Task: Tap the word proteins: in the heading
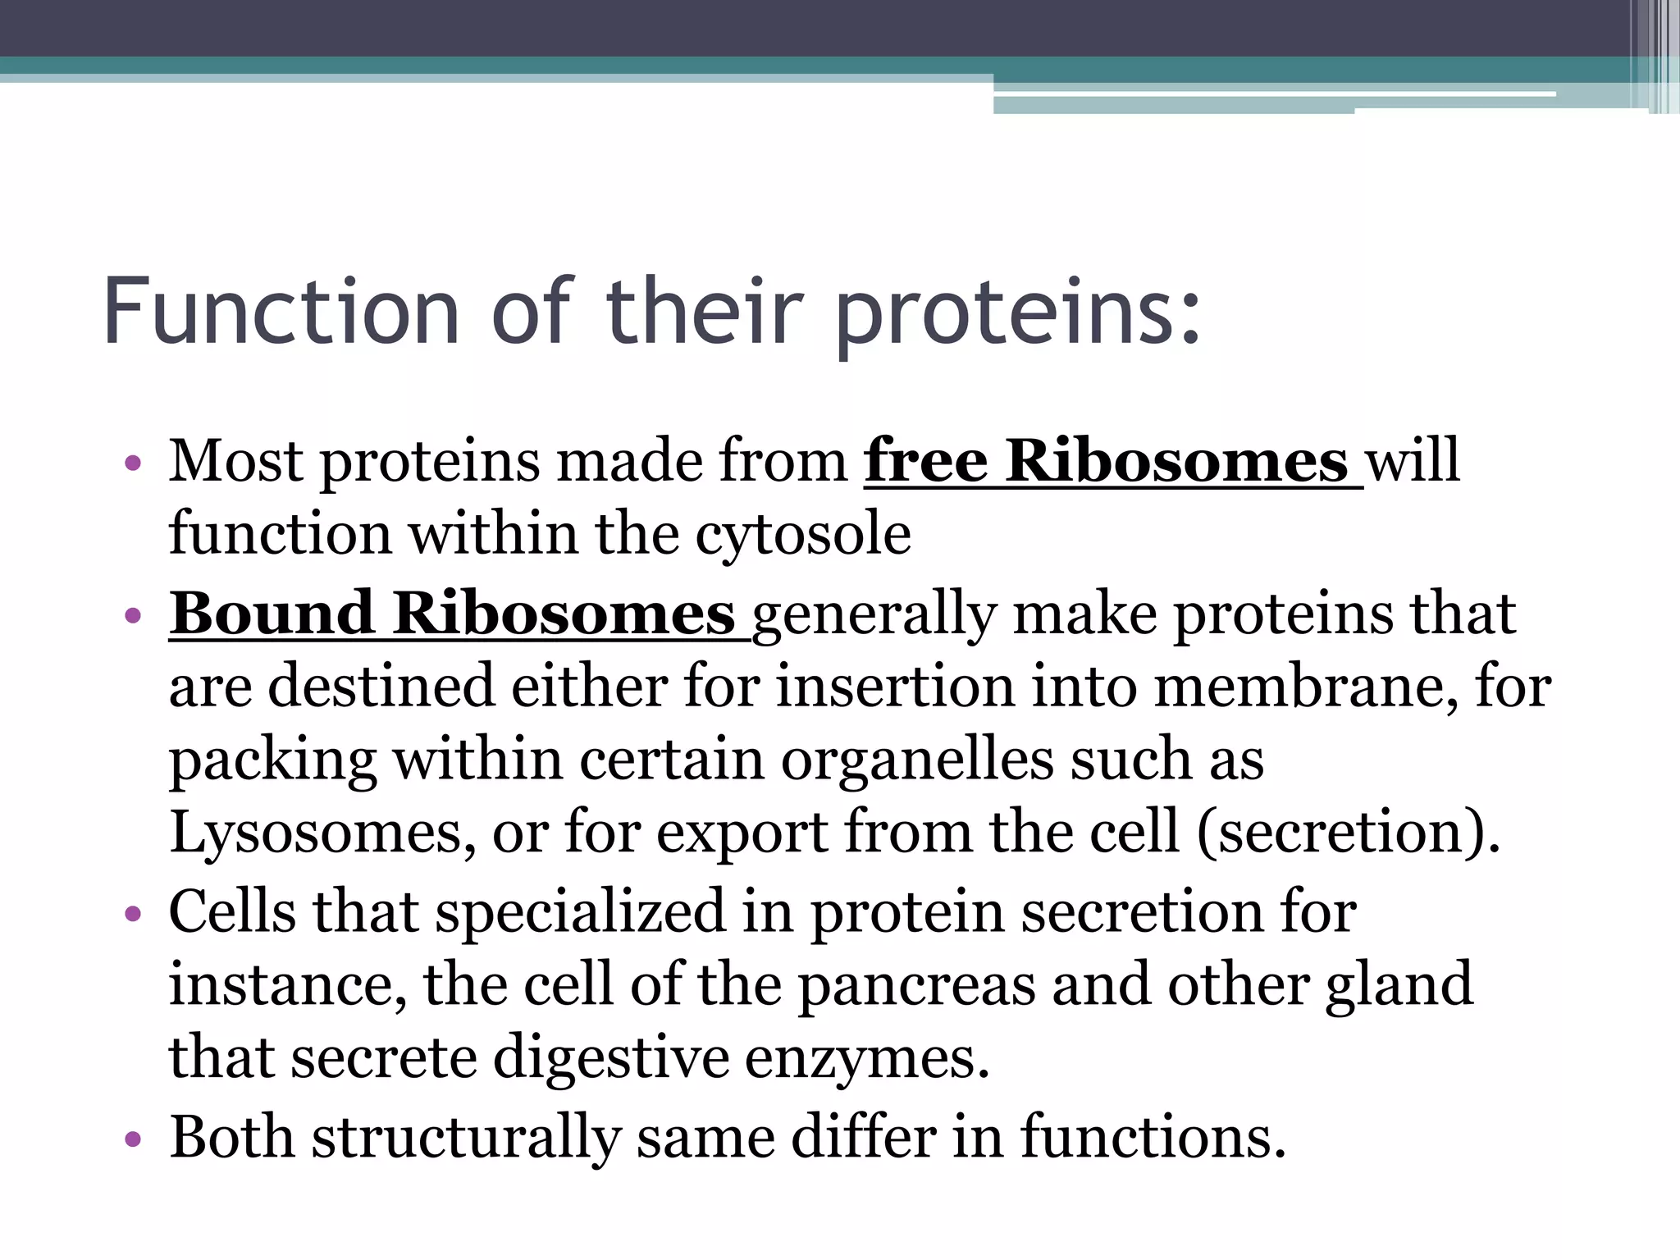[1018, 315]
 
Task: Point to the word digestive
[611, 1058]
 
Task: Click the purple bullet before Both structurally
[133, 1140]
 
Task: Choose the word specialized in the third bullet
[580, 912]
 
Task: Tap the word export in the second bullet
[742, 833]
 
